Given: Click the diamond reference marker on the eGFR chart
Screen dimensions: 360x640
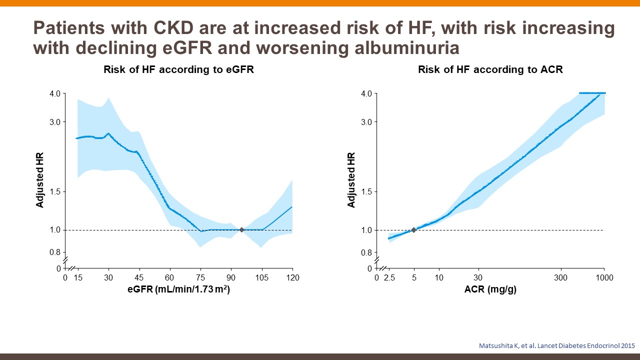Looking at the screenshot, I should tap(241, 230).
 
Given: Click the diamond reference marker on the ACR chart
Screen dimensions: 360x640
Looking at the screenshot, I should tap(413, 230).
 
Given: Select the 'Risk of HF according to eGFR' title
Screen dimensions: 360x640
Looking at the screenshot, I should tap(178, 70).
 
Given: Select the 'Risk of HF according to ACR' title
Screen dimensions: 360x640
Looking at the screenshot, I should tap(490, 70).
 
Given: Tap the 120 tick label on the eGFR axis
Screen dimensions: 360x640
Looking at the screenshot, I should tap(292, 277).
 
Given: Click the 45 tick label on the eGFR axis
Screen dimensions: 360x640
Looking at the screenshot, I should tap(139, 277).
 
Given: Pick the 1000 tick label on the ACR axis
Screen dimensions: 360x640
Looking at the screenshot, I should tap(604, 277).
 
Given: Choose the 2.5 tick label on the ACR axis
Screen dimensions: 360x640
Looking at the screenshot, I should tap(389, 277).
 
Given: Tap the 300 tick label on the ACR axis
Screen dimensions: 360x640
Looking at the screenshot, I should tap(561, 277).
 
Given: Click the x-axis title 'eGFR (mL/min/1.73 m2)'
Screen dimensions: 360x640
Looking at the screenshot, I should tap(178, 289).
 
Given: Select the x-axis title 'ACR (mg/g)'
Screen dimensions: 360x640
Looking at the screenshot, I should tap(490, 289).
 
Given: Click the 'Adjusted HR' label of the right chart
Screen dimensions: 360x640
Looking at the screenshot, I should tap(351, 180).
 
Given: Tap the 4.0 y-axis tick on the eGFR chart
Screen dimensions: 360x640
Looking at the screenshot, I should tap(54, 93).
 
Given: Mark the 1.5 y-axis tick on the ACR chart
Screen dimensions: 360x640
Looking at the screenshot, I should tap(366, 192).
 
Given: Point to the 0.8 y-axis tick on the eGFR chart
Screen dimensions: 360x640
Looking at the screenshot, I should tap(54, 253).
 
